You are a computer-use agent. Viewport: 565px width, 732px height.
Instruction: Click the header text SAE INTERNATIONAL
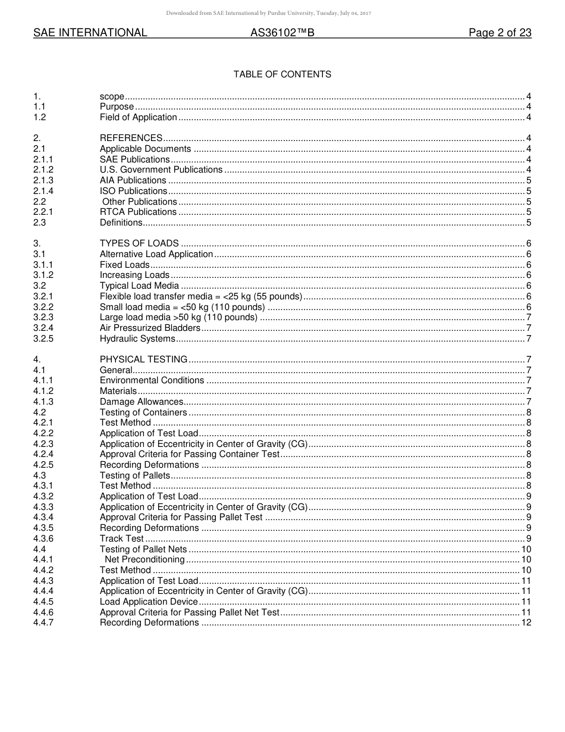pos(90,33)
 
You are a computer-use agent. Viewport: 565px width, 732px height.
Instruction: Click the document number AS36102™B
pos(282,33)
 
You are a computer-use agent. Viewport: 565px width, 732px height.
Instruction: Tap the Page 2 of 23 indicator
pos(500,33)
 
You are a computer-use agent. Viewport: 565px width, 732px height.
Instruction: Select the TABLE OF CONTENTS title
pos(282,74)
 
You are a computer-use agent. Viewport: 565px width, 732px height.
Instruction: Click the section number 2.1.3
pos(43,180)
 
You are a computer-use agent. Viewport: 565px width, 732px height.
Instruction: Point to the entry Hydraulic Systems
pos(137,339)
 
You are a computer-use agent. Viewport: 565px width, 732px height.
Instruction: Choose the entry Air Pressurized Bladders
pos(150,328)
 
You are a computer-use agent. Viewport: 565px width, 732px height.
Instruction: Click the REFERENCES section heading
pos(131,138)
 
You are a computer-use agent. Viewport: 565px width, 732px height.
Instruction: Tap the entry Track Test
pos(121,539)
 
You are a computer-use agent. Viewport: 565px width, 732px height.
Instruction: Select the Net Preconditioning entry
pos(145,559)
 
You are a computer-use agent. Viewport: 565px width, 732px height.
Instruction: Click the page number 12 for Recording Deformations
pos(526,622)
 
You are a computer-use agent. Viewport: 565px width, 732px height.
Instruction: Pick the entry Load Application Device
pos(149,602)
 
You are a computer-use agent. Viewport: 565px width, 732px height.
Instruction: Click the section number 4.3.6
pos(43,539)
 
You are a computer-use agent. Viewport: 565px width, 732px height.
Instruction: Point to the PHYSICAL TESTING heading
pos(143,359)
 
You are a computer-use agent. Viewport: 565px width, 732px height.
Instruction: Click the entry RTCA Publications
pos(138,212)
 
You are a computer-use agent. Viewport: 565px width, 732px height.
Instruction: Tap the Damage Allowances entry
pos(142,402)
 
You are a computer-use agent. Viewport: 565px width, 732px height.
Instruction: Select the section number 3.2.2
pos(43,307)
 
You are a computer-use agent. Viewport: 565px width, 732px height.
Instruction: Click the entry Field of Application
pos(138,117)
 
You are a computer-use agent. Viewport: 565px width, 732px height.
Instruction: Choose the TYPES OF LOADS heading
pos(139,243)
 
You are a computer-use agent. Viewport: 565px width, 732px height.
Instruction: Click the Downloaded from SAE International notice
pos(268,13)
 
